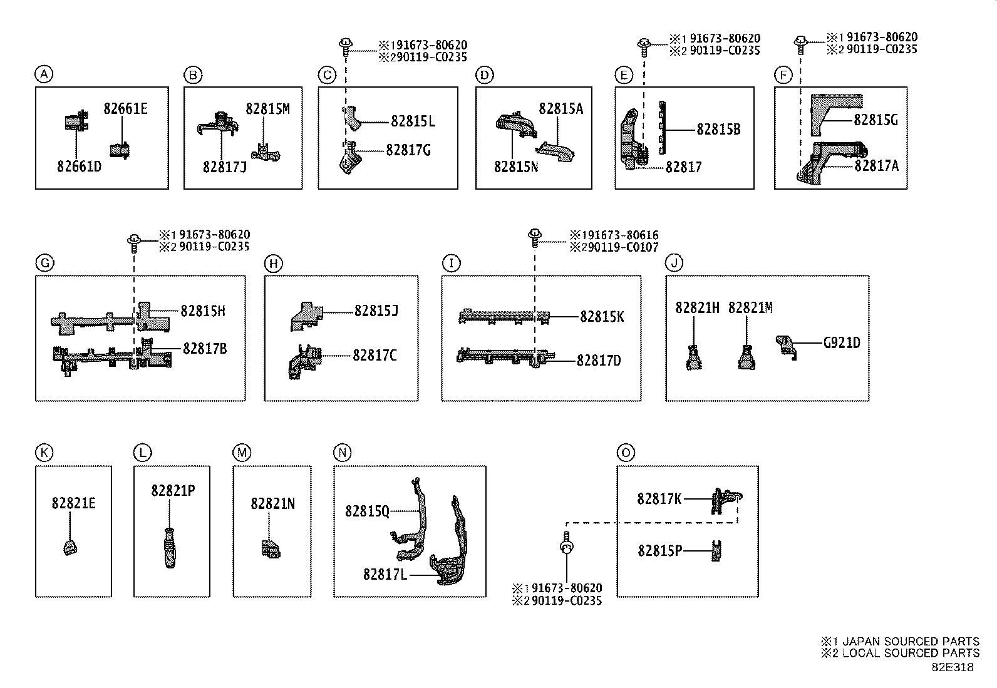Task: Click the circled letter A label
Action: [x=43, y=75]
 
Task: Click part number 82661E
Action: [x=125, y=109]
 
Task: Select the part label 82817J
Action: [x=224, y=167]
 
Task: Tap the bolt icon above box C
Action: [x=345, y=45]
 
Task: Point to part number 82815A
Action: [x=560, y=109]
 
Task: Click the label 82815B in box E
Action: [x=718, y=130]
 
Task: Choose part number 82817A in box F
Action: [x=876, y=165]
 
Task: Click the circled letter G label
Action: [x=44, y=264]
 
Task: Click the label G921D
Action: [x=841, y=343]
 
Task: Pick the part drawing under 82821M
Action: [x=746, y=358]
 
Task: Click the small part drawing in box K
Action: [x=70, y=548]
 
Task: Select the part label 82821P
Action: [x=172, y=491]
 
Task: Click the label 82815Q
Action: [x=367, y=511]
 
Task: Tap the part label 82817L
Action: [x=385, y=573]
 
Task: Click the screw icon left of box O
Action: [x=566, y=545]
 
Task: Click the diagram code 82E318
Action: [x=952, y=667]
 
